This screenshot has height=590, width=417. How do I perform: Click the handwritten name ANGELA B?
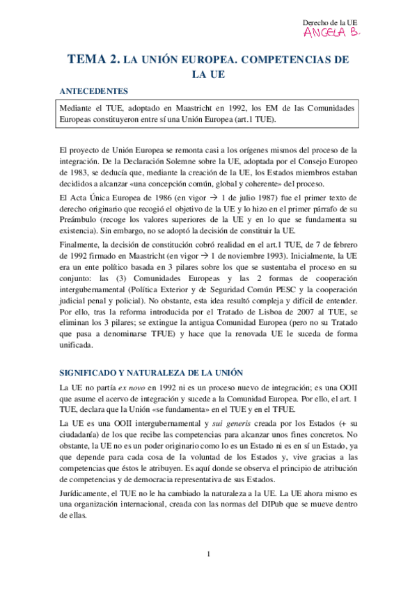(x=332, y=33)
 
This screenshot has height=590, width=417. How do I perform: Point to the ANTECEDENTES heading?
(x=93, y=91)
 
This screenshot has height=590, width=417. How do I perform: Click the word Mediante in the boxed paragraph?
(x=79, y=109)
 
